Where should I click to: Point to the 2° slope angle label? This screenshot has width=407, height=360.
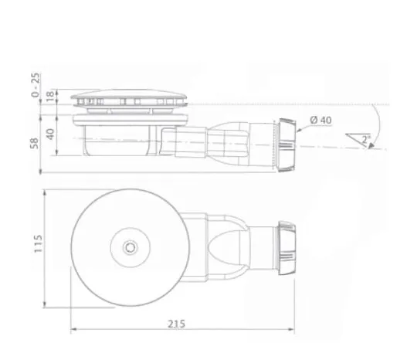[365, 140]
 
